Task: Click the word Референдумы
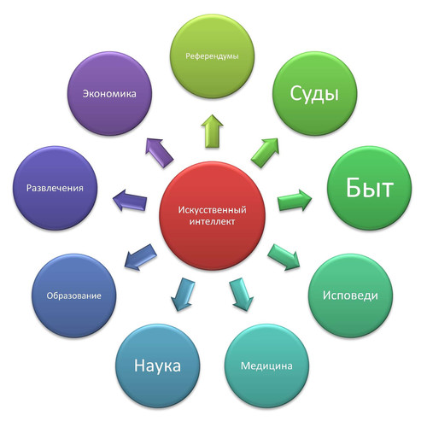click(x=212, y=56)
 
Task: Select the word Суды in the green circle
click(x=314, y=94)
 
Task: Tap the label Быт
click(x=370, y=188)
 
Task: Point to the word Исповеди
click(x=350, y=295)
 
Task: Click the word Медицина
click(x=266, y=366)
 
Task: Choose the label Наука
click(x=157, y=366)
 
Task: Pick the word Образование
click(x=73, y=295)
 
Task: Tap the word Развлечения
click(x=55, y=188)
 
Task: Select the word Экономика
click(x=109, y=94)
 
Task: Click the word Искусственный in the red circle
click(x=212, y=210)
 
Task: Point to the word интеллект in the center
click(x=212, y=221)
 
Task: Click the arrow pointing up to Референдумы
click(x=212, y=132)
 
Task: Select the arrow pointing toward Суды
click(x=265, y=153)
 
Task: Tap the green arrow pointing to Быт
click(x=295, y=200)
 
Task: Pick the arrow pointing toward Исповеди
click(x=284, y=257)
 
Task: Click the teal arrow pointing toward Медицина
click(x=242, y=295)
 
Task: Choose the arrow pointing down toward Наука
click(x=183, y=295)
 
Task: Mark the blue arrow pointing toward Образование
click(x=141, y=257)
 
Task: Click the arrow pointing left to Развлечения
click(x=130, y=200)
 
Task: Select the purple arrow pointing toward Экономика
click(x=160, y=153)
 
